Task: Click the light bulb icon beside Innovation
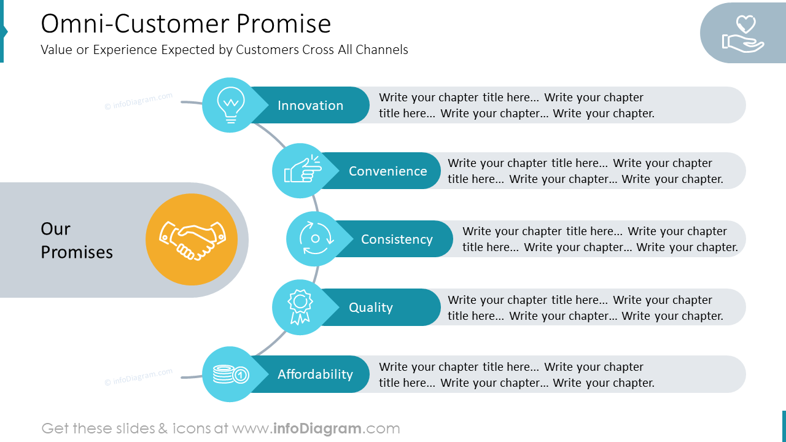coord(230,105)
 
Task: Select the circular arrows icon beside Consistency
coord(316,239)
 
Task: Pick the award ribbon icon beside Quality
coord(300,307)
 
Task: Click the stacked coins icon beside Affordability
coord(230,374)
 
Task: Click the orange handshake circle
coord(192,239)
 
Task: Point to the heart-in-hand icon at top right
coord(743,34)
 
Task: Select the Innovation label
coord(310,106)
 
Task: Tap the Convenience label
coord(387,171)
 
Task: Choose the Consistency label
coord(397,239)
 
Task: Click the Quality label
coord(370,308)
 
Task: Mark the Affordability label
coord(315,374)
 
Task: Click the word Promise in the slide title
coord(284,24)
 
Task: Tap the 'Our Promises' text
coord(76,240)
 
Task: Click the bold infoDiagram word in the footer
coord(316,428)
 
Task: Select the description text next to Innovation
coord(516,105)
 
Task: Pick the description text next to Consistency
coord(599,239)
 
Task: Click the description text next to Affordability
coord(516,374)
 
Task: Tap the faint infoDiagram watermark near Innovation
coord(139,101)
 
